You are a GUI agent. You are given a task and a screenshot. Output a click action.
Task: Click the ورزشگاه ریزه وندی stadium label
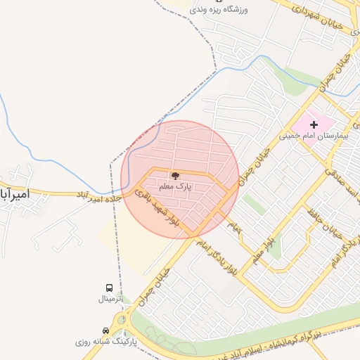(233, 9)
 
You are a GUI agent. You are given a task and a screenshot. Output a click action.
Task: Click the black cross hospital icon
(314, 124)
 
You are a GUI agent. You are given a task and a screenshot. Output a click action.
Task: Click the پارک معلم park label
(175, 186)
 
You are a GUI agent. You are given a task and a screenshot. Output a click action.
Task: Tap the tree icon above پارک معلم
(175, 176)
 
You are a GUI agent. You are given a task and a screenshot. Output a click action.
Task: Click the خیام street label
(233, 226)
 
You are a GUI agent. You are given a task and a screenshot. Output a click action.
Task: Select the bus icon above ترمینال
(109, 288)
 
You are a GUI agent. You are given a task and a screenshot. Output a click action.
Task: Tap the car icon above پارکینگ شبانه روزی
(105, 330)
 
